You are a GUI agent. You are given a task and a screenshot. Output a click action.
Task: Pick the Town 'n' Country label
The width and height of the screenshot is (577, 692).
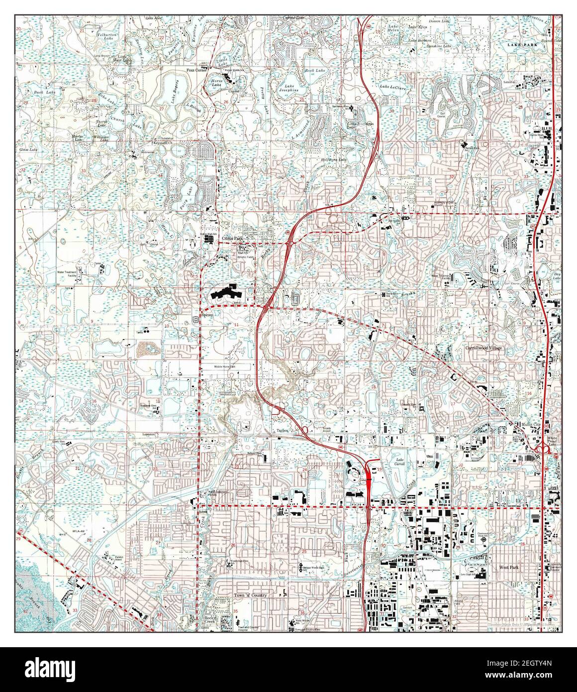(x=251, y=595)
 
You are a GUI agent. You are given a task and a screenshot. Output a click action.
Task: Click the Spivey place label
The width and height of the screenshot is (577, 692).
(x=207, y=315)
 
